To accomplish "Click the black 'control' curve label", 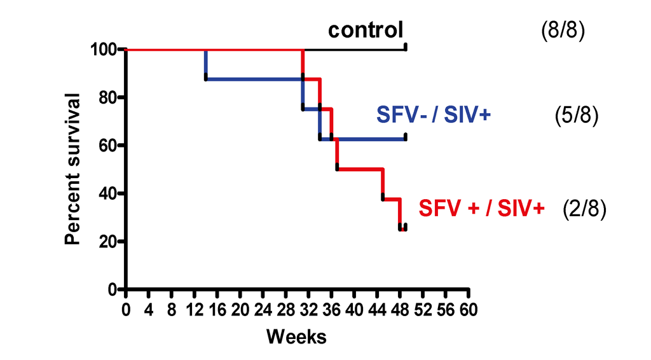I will pyautogui.click(x=366, y=30).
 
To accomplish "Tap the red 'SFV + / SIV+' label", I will pyautogui.click(x=481, y=208).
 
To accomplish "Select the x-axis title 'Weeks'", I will pyautogui.click(x=296, y=336).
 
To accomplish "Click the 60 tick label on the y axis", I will pyautogui.click(x=108, y=146).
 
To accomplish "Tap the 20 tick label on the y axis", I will pyautogui.click(x=108, y=242).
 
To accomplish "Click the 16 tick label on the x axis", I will pyautogui.click(x=217, y=310).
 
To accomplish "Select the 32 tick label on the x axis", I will pyautogui.click(x=309, y=310).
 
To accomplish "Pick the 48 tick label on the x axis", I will pyautogui.click(x=400, y=310).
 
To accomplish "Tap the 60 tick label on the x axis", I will pyautogui.click(x=469, y=310).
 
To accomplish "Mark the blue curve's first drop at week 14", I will pyautogui.click(x=206, y=64).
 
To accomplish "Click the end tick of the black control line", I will pyautogui.click(x=406, y=48).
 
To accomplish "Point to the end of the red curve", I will pyautogui.click(x=405, y=228).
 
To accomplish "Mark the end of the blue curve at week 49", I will pyautogui.click(x=406, y=137).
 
